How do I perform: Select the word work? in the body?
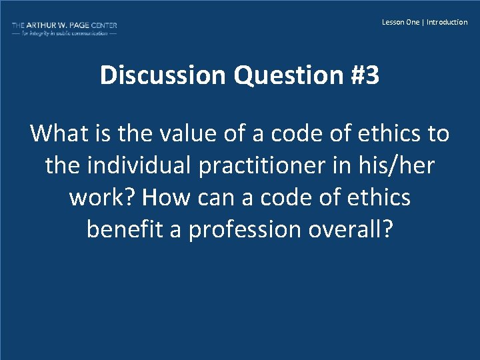tap(101, 198)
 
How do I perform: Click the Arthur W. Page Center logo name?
tap(64, 25)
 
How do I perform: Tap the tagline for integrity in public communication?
tap(64, 33)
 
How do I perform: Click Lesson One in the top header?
tap(401, 22)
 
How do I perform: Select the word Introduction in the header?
tap(447, 22)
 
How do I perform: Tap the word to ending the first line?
tap(438, 134)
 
